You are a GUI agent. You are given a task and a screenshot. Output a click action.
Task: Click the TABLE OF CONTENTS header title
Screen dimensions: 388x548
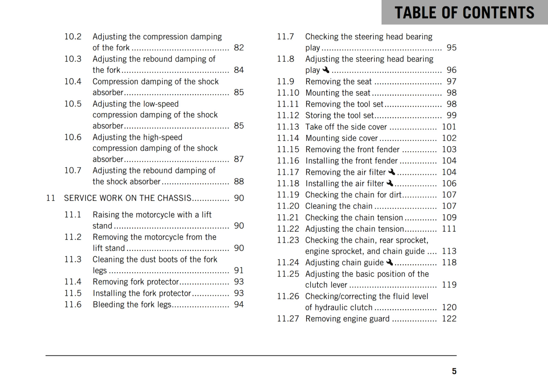click(464, 13)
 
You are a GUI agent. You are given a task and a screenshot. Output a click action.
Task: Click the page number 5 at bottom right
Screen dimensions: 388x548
click(454, 371)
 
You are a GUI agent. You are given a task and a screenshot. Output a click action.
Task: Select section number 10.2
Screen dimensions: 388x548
click(73, 37)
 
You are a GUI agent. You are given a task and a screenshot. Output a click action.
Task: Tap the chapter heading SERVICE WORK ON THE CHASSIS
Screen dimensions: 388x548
click(127, 198)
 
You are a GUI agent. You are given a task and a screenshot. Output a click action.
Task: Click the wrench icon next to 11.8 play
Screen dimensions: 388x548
click(326, 70)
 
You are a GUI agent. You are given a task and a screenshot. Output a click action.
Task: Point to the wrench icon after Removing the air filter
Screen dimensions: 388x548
click(392, 172)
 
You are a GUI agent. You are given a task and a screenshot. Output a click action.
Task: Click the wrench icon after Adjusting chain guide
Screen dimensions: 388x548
click(390, 262)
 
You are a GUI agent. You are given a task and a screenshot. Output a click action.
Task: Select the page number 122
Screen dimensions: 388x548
click(449, 319)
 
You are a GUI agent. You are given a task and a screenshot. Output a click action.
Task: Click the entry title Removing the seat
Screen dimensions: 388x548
click(338, 82)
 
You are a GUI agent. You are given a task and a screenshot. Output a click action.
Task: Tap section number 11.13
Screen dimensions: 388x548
click(288, 127)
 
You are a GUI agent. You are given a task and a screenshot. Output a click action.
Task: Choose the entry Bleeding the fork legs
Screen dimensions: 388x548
click(132, 304)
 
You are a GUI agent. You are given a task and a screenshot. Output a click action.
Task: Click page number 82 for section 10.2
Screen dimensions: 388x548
click(239, 48)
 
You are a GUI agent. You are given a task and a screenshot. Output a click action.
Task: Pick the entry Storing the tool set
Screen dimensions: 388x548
click(339, 116)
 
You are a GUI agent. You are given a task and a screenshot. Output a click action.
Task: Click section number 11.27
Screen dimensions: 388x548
click(288, 319)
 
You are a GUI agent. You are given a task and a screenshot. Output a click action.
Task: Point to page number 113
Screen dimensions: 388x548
click(449, 251)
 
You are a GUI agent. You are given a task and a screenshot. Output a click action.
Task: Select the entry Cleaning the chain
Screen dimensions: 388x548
click(339, 206)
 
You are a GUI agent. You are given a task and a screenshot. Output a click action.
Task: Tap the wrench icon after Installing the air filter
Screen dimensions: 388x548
click(390, 183)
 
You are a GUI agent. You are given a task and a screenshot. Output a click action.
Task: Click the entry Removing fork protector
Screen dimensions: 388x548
click(136, 282)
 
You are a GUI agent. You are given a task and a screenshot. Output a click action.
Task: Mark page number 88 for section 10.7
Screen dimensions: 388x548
click(239, 181)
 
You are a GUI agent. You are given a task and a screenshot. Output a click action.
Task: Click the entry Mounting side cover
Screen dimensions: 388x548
click(341, 138)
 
